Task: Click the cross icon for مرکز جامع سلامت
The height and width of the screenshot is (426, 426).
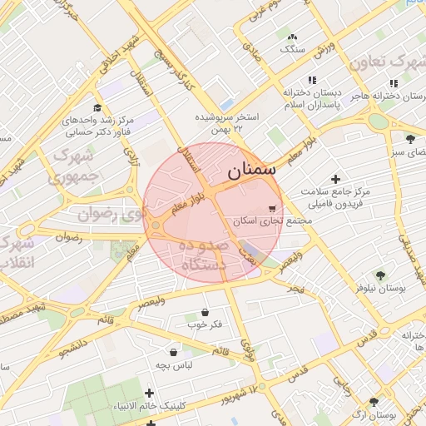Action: [335, 179]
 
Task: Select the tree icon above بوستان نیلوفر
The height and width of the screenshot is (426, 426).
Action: [380, 275]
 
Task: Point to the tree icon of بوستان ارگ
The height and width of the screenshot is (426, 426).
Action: [374, 402]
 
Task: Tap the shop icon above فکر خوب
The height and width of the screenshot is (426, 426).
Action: [205, 312]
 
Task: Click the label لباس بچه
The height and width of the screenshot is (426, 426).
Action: [176, 365]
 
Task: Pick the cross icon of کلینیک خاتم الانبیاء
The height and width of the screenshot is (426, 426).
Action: [150, 393]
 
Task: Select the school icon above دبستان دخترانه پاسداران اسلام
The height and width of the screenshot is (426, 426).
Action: [312, 80]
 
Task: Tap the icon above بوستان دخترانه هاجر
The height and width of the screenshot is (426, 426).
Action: [393, 83]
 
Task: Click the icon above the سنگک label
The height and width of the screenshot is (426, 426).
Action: [292, 37]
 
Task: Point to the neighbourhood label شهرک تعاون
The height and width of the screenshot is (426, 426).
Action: [384, 63]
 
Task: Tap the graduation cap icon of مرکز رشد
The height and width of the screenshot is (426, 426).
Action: [97, 108]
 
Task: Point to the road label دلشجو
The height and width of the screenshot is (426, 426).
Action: [73, 344]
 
